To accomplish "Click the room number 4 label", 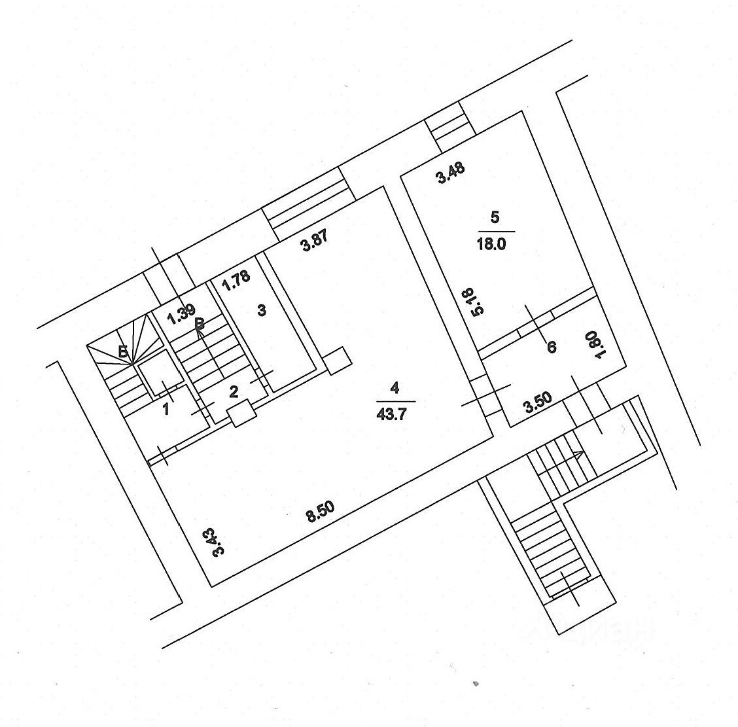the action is pos(394,387).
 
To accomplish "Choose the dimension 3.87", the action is pos(313,243).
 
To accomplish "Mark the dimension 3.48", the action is pos(451,175).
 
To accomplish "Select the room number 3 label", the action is pos(261,311).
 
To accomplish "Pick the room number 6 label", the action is pos(552,347).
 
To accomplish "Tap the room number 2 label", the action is pos(234,391).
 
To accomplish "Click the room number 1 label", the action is pos(166,410).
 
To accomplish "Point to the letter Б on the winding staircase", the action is pos(123,352).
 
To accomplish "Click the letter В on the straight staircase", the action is pos(201,323).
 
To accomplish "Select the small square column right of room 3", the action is pos(338,360).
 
